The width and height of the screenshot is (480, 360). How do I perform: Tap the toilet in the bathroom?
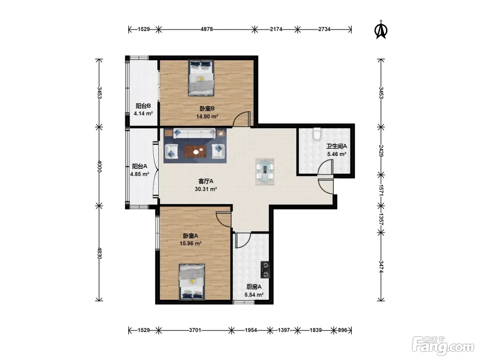316,134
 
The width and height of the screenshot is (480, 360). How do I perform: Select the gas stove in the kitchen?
265,270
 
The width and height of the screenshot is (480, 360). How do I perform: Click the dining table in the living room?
265,172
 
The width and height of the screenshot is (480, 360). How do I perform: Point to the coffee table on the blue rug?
195,152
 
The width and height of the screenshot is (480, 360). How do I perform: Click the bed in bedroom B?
201,78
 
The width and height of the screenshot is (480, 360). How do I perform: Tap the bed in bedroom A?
192,282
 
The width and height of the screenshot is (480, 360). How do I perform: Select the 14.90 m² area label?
207,116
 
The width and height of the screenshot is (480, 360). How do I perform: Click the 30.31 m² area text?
206,189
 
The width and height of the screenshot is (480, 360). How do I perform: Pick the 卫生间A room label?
337,146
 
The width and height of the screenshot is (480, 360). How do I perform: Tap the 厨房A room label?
254,287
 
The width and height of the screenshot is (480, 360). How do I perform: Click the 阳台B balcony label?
143,106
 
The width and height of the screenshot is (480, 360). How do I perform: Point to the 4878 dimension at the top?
207,29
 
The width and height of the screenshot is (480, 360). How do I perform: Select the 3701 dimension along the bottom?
195,330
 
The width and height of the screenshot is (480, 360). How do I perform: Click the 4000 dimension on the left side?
99,166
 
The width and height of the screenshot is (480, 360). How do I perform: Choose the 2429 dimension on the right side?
381,151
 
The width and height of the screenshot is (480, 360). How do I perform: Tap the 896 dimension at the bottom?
343,330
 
